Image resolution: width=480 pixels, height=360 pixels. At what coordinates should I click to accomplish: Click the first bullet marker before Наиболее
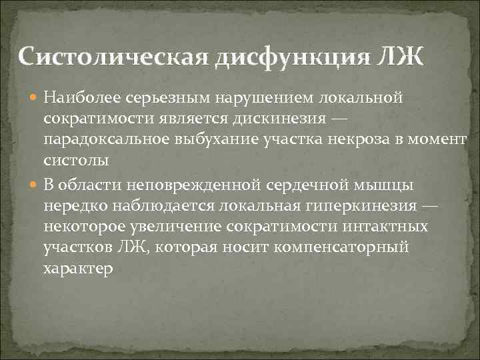click(x=35, y=99)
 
